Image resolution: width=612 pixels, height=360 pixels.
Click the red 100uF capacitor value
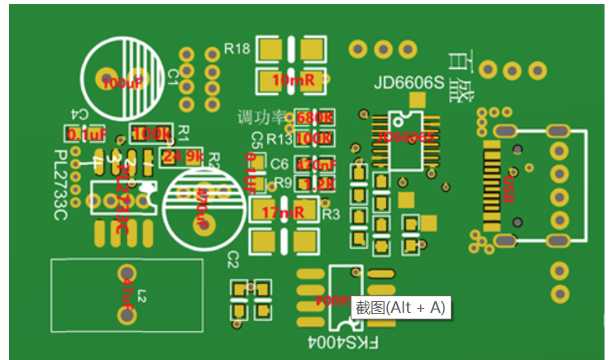(x=122, y=83)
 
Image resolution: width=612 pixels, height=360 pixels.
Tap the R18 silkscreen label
(x=237, y=50)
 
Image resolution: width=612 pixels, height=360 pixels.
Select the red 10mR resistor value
(x=293, y=81)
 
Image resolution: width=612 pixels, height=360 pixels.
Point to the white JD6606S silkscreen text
(x=409, y=83)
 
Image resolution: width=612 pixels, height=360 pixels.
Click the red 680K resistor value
(x=313, y=118)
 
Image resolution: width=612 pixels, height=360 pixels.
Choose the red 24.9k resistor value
(x=183, y=156)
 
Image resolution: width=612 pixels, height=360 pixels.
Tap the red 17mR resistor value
(x=282, y=213)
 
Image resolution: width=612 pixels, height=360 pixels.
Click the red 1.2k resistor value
(x=318, y=183)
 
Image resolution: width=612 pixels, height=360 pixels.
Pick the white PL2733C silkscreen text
(x=60, y=185)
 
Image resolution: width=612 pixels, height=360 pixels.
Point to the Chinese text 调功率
(x=260, y=117)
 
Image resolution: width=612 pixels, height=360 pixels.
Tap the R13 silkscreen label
(x=280, y=137)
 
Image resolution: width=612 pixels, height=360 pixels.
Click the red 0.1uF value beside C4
(x=87, y=134)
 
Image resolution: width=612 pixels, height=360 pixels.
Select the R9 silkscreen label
(x=283, y=182)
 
